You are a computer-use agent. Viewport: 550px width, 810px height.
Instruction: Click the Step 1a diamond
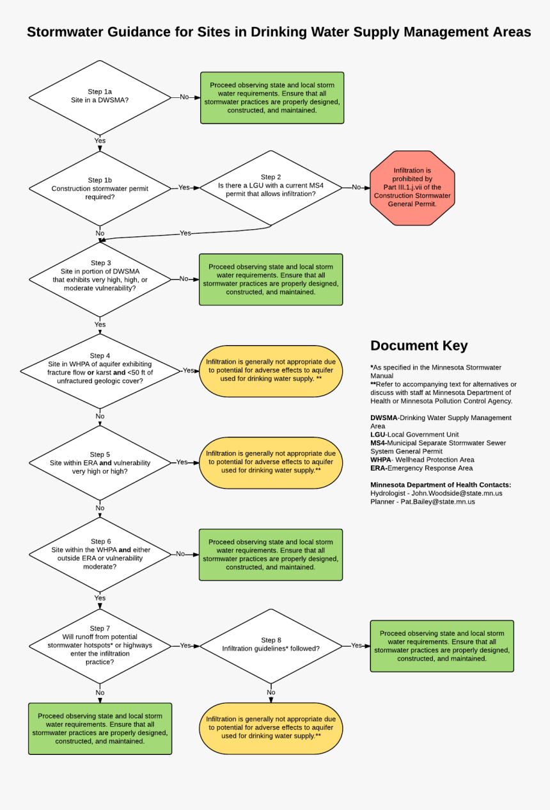[100, 97]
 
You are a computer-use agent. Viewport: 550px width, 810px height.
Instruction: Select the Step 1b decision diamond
[100, 188]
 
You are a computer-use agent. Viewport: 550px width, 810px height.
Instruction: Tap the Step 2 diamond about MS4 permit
[271, 187]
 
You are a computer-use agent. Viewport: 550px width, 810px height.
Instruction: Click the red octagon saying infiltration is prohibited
[412, 188]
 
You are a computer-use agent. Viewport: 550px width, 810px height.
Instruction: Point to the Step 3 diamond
[100, 279]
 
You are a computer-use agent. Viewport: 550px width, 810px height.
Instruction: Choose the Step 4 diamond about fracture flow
[100, 371]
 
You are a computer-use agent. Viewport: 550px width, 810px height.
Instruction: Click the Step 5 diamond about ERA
[100, 462]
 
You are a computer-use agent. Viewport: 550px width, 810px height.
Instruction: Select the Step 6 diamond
[100, 554]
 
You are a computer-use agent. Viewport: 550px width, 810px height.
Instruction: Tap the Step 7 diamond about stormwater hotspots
[100, 645]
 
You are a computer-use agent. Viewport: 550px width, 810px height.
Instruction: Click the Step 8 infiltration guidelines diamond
[271, 645]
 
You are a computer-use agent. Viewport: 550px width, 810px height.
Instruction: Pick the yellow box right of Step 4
[271, 371]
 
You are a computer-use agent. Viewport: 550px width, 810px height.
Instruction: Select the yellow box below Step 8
[271, 728]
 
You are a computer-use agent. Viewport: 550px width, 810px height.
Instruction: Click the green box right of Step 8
[441, 645]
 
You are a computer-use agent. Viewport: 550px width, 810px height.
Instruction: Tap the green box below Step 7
[100, 728]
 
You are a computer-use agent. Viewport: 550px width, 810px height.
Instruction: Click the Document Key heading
[419, 346]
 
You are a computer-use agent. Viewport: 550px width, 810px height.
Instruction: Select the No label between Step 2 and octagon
[356, 188]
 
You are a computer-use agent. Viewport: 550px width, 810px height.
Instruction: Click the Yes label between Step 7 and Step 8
[185, 645]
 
